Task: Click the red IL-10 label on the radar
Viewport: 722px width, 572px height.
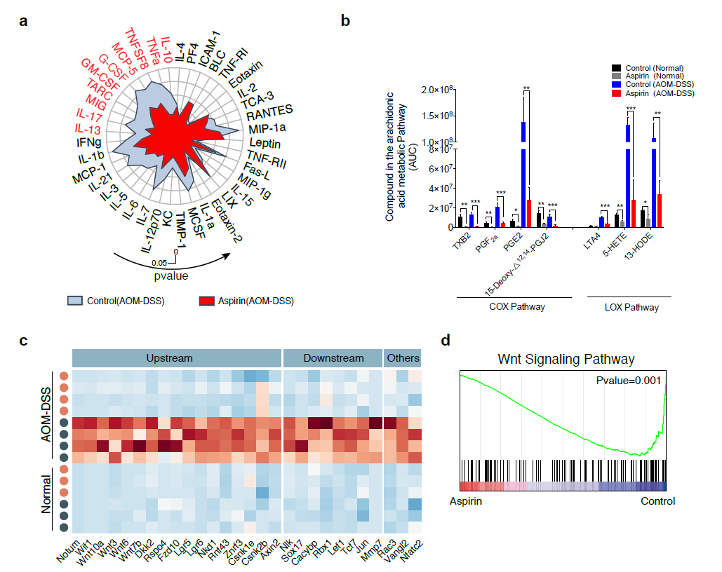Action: point(166,50)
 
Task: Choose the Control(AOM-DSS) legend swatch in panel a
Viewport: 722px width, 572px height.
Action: point(76,301)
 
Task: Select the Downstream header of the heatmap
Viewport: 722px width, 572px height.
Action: point(333,358)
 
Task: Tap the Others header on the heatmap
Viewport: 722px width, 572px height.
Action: point(403,358)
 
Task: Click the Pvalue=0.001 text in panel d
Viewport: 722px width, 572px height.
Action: point(626,381)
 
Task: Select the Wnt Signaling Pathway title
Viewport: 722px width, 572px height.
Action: point(566,360)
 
